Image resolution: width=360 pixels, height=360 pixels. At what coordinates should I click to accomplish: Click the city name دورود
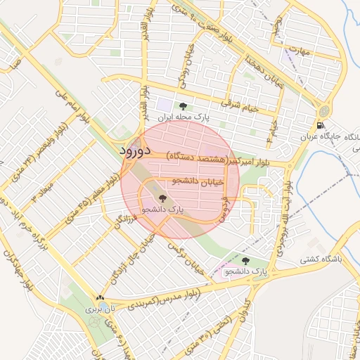point(135,151)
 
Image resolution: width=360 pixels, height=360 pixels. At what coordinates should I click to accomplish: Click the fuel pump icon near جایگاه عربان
point(321,127)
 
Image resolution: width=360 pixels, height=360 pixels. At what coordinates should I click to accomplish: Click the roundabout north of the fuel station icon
point(323,111)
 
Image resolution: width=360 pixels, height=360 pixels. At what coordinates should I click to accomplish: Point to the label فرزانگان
point(121,226)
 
